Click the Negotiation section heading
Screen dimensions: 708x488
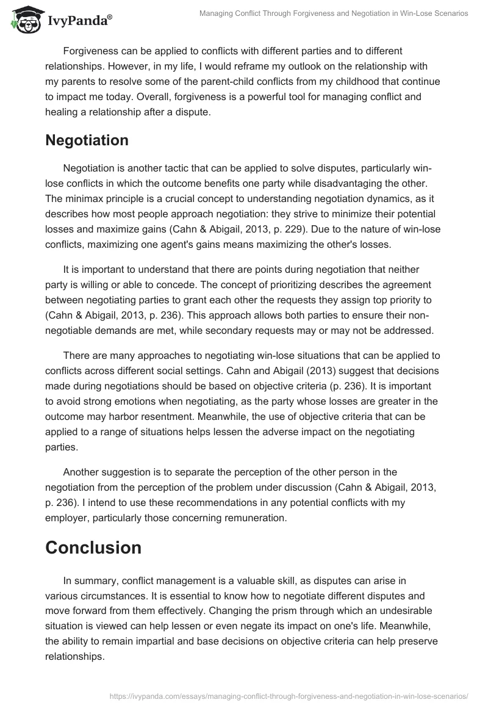click(87, 140)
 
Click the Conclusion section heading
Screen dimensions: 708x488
click(93, 547)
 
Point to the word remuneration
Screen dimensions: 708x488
click(254, 518)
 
